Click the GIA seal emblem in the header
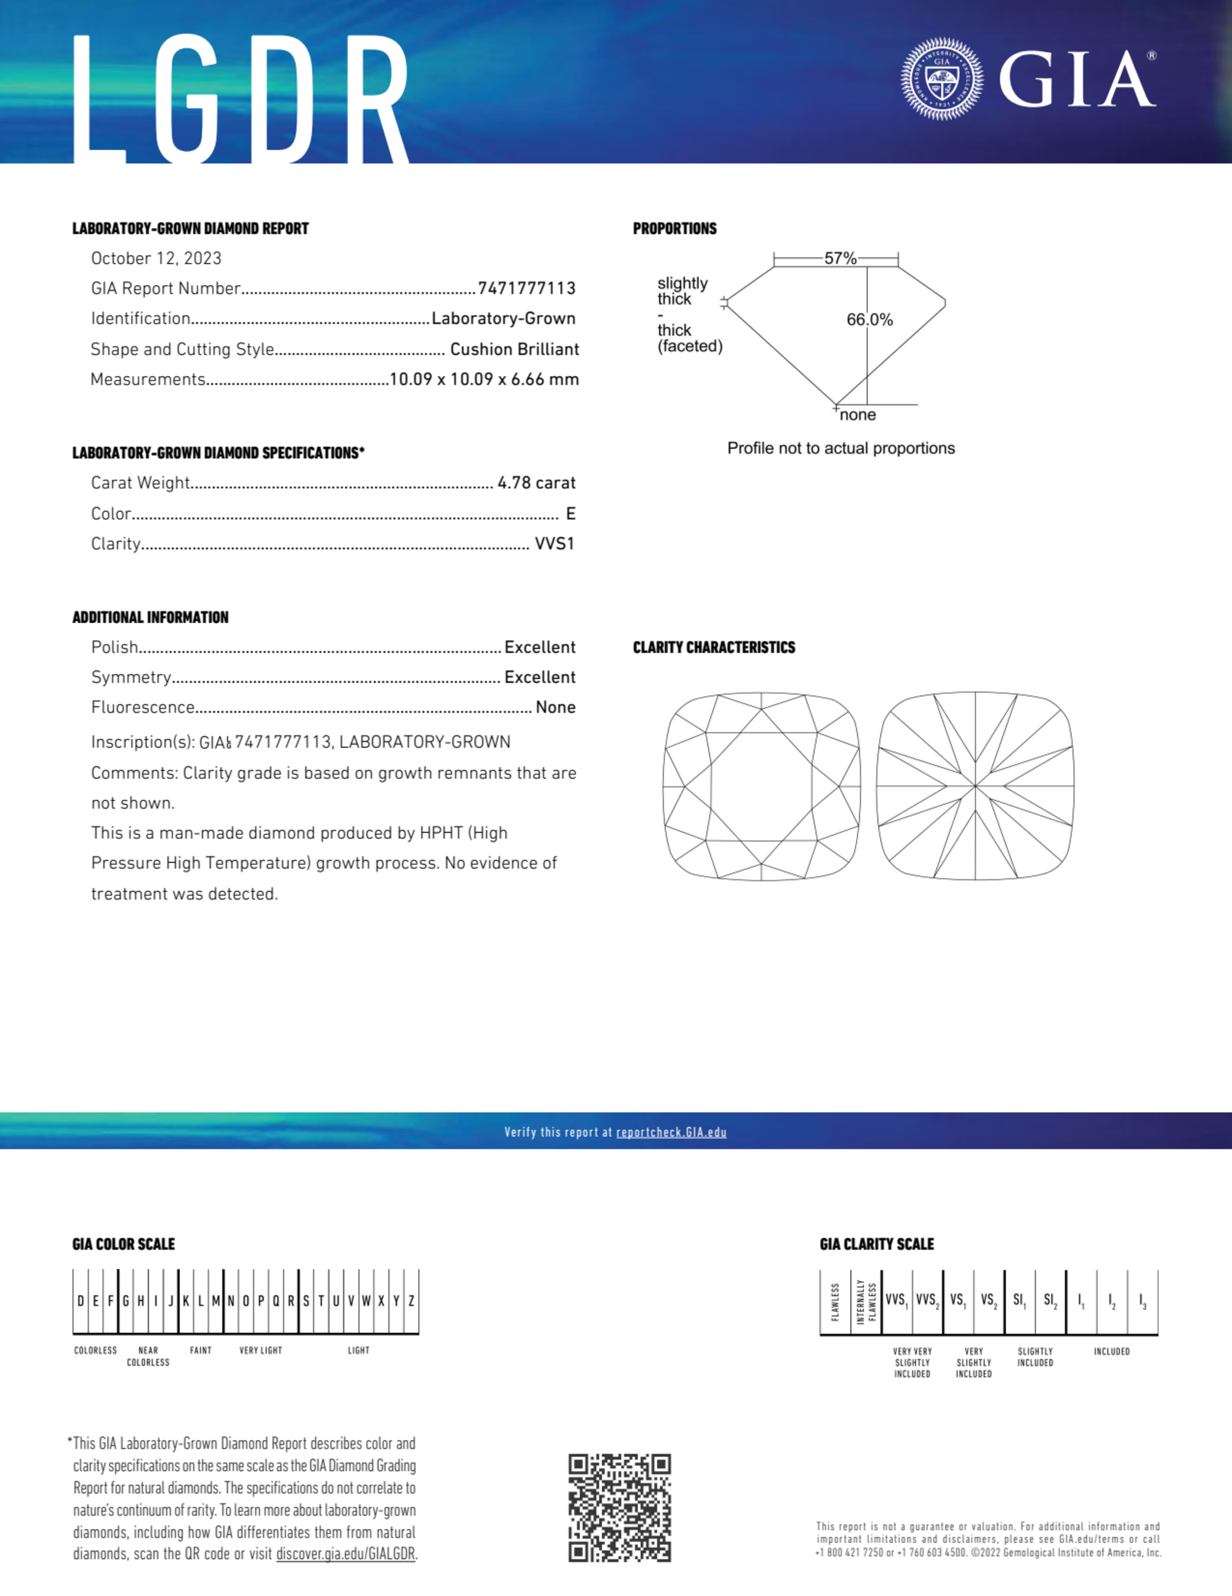pyautogui.click(x=941, y=78)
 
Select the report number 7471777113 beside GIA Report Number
pyautogui.click(x=526, y=288)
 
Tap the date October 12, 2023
pyautogui.click(x=156, y=259)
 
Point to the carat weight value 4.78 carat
pyautogui.click(x=536, y=483)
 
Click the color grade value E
pyautogui.click(x=570, y=514)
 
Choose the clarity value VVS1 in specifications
pyautogui.click(x=554, y=544)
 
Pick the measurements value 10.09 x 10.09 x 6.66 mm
pyautogui.click(x=483, y=379)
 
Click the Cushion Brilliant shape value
pyautogui.click(x=514, y=349)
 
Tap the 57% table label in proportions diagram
pyautogui.click(x=840, y=258)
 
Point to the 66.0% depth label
pyautogui.click(x=869, y=319)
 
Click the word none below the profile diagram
pyautogui.click(x=858, y=415)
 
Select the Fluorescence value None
pyautogui.click(x=555, y=707)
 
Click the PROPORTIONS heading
pyautogui.click(x=674, y=229)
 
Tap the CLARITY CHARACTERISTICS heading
pyautogui.click(x=714, y=648)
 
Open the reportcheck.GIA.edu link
pyautogui.click(x=670, y=1132)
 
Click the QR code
pyautogui.click(x=619, y=1508)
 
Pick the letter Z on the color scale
pyautogui.click(x=411, y=1301)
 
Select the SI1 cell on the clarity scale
pyautogui.click(x=1019, y=1301)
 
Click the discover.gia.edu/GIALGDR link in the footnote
pyautogui.click(x=345, y=1553)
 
